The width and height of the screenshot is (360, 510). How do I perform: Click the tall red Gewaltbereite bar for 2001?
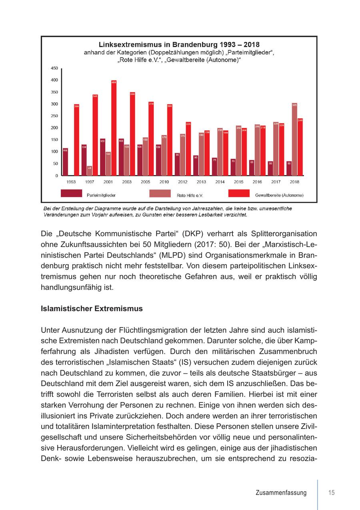[x=114, y=128]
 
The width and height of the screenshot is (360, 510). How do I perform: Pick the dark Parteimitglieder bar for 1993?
[x=65, y=162]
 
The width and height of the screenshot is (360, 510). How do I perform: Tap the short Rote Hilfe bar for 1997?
[x=89, y=171]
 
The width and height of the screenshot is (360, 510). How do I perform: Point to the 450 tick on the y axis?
[x=54, y=68]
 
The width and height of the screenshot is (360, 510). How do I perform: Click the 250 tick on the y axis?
[x=54, y=116]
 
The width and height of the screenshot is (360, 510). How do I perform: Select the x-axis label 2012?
[x=182, y=182]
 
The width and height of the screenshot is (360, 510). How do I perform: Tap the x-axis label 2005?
[x=145, y=182]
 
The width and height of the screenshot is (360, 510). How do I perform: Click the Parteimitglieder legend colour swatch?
[x=71, y=193]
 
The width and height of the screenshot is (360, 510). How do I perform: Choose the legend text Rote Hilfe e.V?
[x=190, y=195]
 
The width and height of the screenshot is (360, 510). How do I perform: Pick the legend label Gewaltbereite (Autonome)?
[x=279, y=195]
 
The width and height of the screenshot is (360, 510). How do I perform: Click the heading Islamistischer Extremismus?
[x=92, y=309]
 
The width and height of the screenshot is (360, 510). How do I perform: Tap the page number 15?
[x=331, y=493]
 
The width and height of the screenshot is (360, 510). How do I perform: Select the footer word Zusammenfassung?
[x=281, y=493]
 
